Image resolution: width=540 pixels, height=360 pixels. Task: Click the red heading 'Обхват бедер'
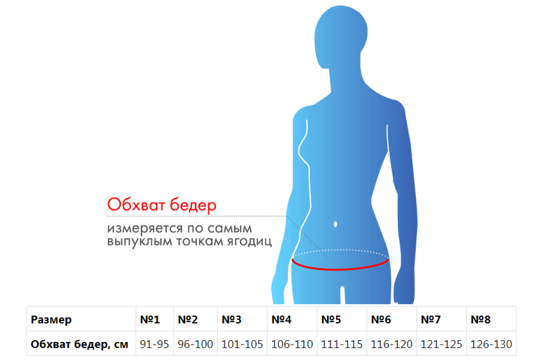(162, 205)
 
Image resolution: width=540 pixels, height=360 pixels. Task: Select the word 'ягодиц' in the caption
(249, 242)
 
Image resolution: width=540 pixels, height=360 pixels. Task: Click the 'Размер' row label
(51, 320)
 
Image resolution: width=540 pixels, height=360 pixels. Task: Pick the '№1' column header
(150, 320)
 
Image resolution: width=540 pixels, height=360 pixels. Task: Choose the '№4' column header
(281, 320)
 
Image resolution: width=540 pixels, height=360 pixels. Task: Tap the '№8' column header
(481, 320)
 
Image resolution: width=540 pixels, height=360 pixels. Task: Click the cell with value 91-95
(154, 344)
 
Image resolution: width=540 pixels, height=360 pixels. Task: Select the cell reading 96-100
(195, 344)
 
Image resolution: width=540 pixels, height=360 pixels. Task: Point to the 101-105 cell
(242, 344)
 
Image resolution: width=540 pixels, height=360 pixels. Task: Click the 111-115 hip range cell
(342, 344)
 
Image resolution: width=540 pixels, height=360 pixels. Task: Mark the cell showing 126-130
(491, 344)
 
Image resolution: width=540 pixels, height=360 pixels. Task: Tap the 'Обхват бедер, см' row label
(79, 344)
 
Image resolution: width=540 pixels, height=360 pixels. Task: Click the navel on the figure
(335, 224)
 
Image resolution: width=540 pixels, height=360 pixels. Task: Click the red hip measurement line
(340, 269)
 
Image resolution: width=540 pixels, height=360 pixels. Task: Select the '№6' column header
(381, 320)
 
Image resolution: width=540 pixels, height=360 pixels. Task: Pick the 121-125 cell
(441, 344)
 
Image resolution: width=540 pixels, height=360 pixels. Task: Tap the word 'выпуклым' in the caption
(140, 242)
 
